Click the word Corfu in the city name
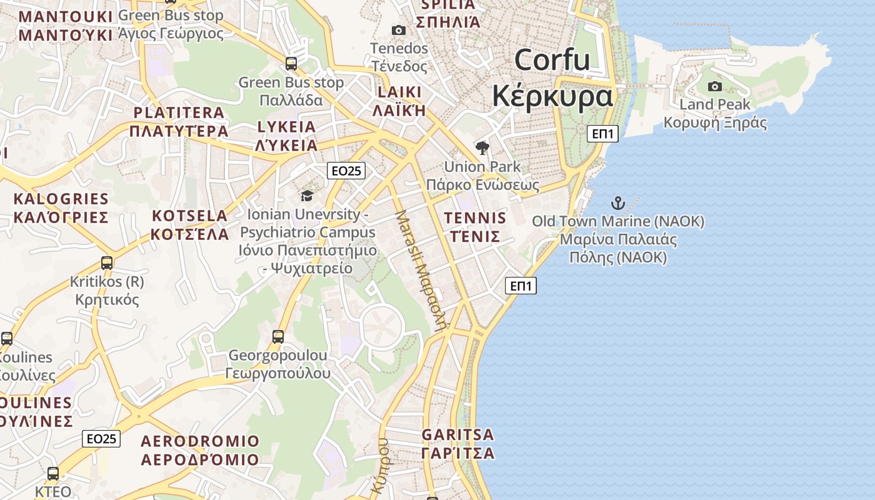click(x=552, y=60)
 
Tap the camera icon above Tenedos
click(x=398, y=30)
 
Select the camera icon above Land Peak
click(x=715, y=86)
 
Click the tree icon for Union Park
click(x=482, y=148)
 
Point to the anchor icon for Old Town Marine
click(x=617, y=203)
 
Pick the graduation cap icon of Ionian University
click(x=306, y=196)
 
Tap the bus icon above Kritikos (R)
click(x=107, y=263)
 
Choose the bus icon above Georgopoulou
click(x=278, y=337)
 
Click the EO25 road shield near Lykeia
click(x=346, y=171)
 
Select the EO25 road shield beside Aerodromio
click(x=101, y=439)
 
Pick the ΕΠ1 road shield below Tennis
click(x=521, y=286)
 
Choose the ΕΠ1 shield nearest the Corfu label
click(x=602, y=134)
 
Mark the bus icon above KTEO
click(x=53, y=473)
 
